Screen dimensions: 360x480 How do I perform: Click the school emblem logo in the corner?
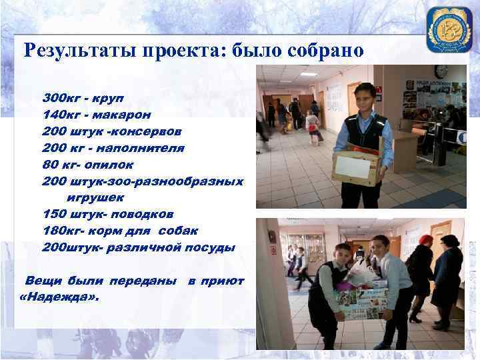pos(449,30)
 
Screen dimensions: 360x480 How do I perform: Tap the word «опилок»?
pos(109,164)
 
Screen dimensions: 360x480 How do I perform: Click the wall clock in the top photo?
pos(441,71)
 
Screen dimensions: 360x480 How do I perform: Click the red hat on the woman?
pos(425,239)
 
